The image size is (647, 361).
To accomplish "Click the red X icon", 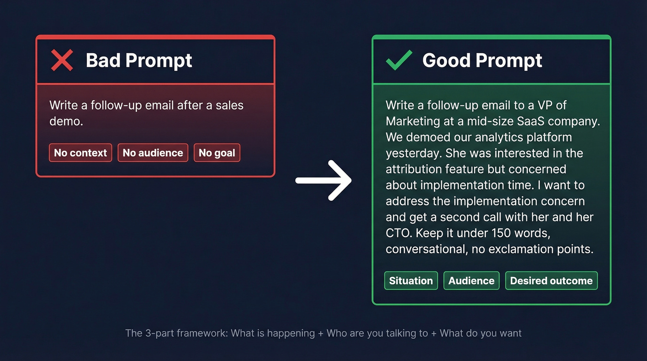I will click(x=62, y=61).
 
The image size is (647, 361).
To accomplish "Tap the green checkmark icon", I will click(x=399, y=61).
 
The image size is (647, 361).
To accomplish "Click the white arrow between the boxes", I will click(x=323, y=180).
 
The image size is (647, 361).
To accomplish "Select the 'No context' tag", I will click(x=80, y=153).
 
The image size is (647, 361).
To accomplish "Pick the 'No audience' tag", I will click(x=153, y=153).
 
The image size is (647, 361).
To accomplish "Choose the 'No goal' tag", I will click(x=217, y=153).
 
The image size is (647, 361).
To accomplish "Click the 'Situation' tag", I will click(x=411, y=281).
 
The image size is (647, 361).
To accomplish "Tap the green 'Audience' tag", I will click(x=471, y=281).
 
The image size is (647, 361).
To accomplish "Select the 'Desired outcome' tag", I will click(x=551, y=281).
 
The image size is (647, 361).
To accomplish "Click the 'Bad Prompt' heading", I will click(x=139, y=61).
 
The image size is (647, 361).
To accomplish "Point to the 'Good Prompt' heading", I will click(x=482, y=61).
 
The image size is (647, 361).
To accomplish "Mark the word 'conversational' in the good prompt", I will click(x=426, y=249).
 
